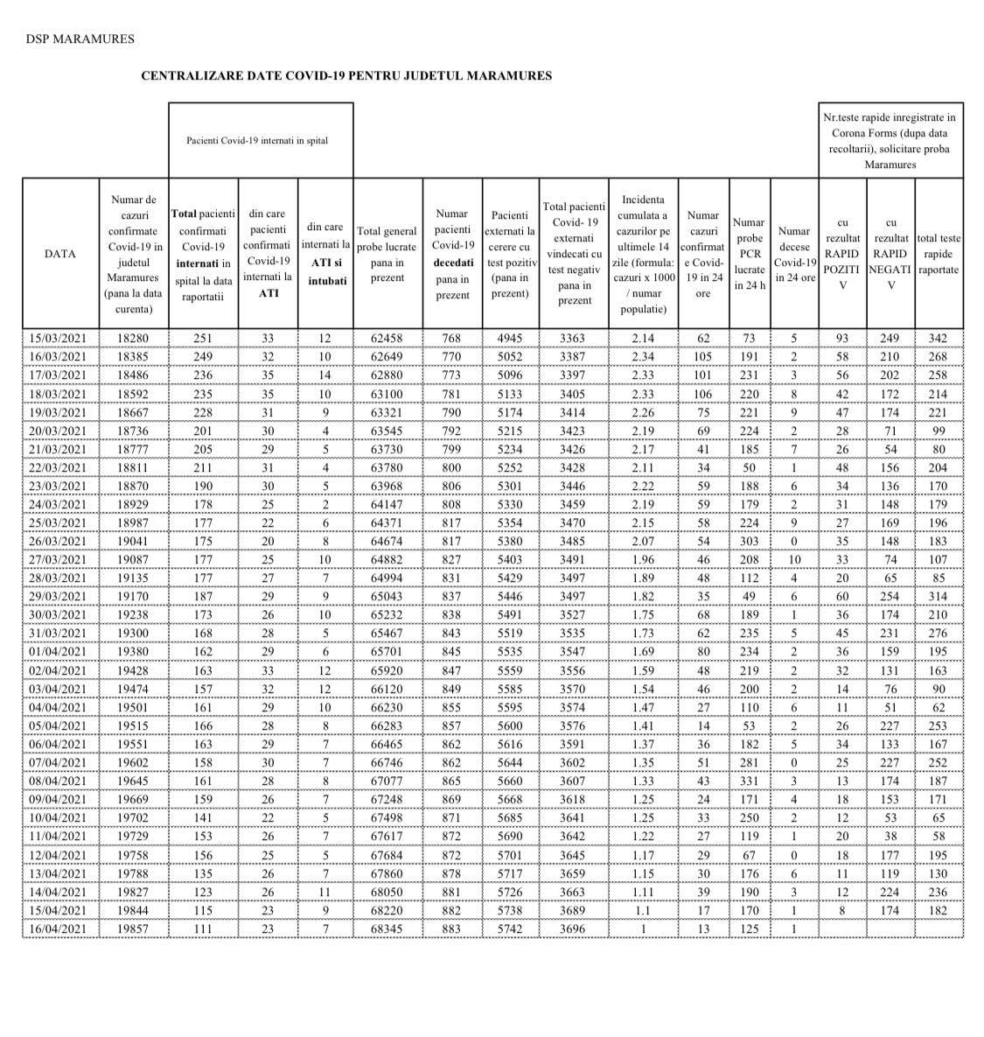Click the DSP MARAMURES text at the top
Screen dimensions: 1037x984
[80, 39]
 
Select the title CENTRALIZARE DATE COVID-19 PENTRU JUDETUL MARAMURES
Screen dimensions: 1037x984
[346, 76]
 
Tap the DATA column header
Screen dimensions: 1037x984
[59, 254]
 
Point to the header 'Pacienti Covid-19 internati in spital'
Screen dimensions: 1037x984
[257, 140]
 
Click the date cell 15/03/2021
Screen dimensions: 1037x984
[59, 339]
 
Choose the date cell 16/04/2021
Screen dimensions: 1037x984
[59, 928]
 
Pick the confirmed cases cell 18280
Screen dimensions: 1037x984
[135, 339]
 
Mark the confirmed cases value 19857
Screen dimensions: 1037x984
[135, 928]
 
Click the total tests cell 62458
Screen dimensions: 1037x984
[387, 339]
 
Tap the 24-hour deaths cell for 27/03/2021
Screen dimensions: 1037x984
[793, 560]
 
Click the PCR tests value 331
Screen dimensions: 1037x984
[749, 781]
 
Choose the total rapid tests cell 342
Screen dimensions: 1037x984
[939, 339]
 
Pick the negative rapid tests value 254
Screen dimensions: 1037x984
[890, 597]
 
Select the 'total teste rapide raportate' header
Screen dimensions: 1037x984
[939, 255]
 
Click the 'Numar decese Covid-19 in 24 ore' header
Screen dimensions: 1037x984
[793, 255]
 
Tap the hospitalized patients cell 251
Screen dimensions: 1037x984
[202, 339]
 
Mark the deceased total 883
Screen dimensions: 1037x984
[451, 928]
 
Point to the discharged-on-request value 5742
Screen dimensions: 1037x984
[509, 928]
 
